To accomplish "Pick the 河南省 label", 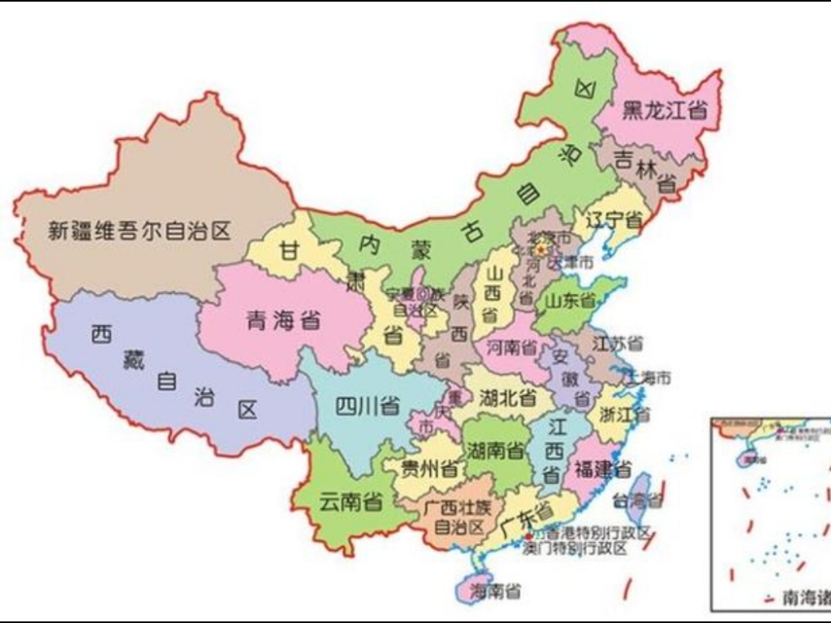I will pos(512,347).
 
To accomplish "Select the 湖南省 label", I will pos(494,451).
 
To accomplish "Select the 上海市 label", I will pos(649,376).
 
